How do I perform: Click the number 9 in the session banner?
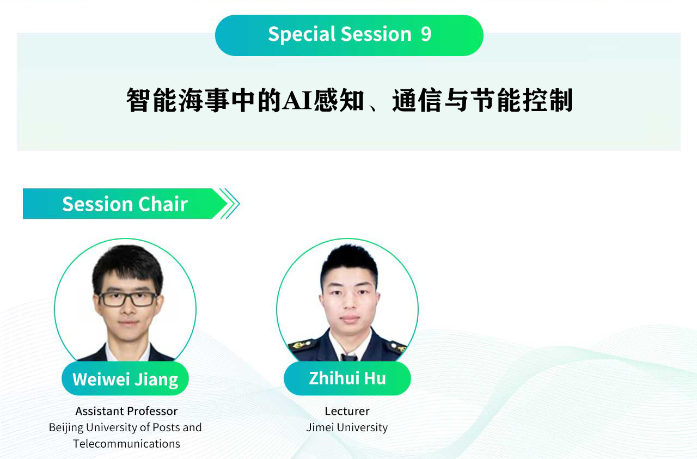click(x=426, y=34)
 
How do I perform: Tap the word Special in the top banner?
click(x=302, y=34)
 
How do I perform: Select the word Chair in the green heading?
click(x=163, y=204)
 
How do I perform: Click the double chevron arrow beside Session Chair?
click(x=230, y=204)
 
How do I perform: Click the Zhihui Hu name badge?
click(x=347, y=378)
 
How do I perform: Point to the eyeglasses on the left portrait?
click(x=128, y=299)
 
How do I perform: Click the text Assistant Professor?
click(x=126, y=411)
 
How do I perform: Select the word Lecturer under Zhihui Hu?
click(x=347, y=411)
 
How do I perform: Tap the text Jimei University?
click(x=347, y=427)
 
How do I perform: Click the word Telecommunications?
click(x=126, y=444)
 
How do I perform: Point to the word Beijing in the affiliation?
click(x=66, y=428)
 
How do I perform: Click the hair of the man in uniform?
click(x=349, y=261)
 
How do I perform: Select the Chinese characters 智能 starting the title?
click(x=152, y=100)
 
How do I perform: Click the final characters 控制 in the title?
click(x=547, y=100)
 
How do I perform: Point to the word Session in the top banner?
click(x=376, y=34)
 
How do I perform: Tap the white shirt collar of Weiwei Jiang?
click(x=127, y=352)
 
